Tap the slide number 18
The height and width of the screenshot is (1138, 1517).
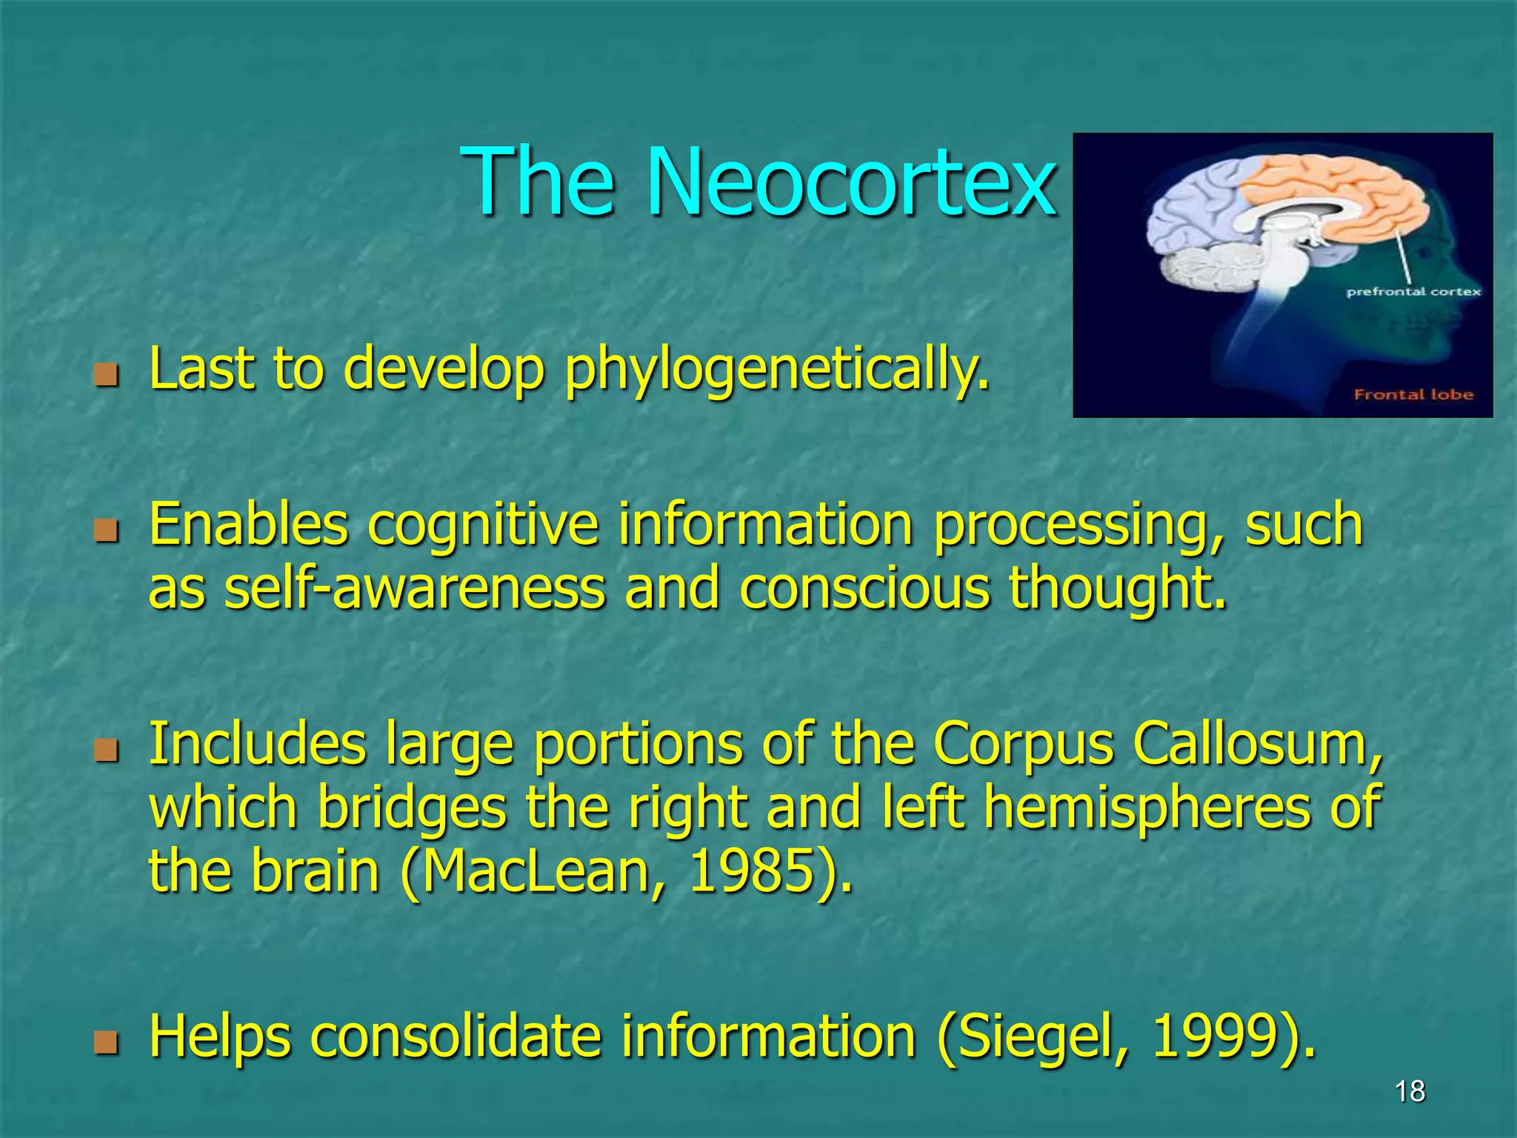coord(1409,1091)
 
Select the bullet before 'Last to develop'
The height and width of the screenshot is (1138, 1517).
coord(107,375)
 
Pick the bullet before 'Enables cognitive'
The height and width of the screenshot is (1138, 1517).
coord(107,530)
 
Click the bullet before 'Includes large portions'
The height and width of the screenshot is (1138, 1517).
coord(107,750)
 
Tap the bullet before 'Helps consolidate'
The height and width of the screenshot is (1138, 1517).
coord(107,1042)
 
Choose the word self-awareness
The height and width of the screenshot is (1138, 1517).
coord(414,589)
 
